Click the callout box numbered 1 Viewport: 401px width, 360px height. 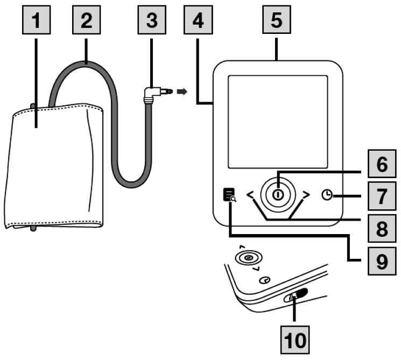tap(36, 20)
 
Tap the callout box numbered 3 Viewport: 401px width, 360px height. tap(151, 20)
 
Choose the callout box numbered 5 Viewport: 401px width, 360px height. tap(276, 20)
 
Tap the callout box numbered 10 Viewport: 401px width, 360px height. tap(295, 340)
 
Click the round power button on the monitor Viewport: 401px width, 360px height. tap(278, 194)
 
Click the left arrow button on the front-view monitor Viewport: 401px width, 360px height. tap(251, 195)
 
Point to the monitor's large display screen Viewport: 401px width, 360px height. tap(277, 122)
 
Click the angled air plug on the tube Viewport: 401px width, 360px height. tap(153, 95)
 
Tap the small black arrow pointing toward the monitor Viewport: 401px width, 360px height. tap(183, 91)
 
